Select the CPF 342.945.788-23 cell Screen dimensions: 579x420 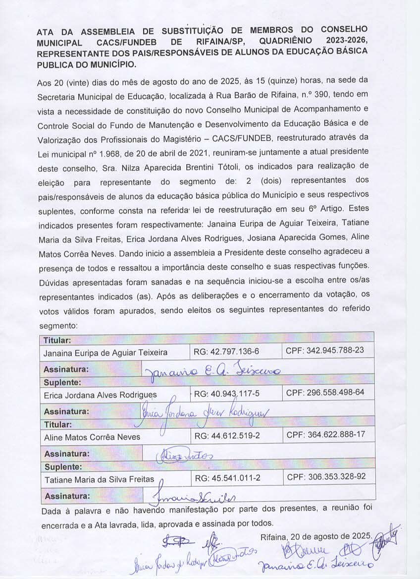click(324, 350)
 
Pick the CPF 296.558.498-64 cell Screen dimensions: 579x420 click(325, 393)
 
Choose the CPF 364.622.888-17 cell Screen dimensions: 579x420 click(325, 435)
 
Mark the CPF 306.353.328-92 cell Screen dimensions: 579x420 click(326, 477)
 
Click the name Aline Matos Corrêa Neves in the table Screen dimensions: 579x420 click(92, 437)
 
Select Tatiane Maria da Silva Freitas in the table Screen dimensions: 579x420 click(99, 479)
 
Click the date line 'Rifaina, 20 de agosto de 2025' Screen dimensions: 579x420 click(316, 536)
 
